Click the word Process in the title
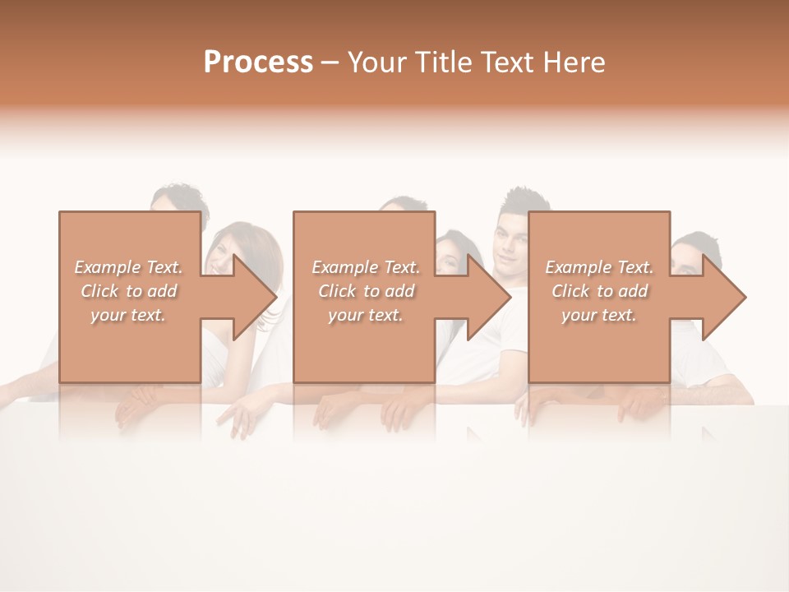click(258, 62)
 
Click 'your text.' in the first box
click(128, 315)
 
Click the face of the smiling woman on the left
click(219, 255)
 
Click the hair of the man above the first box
click(179, 197)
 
